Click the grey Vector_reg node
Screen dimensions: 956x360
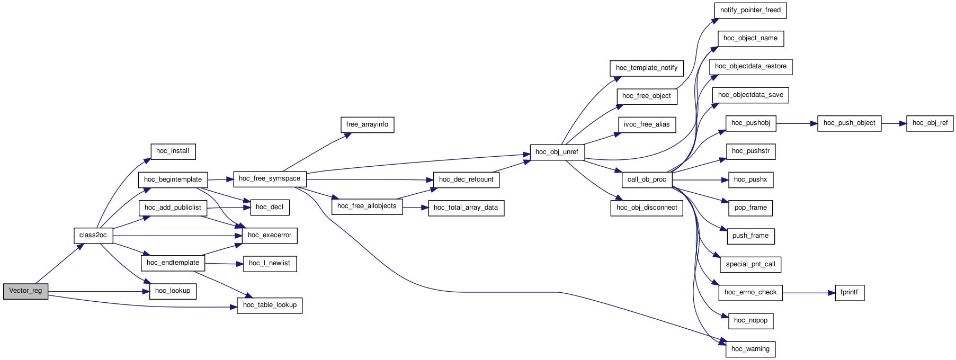click(x=25, y=291)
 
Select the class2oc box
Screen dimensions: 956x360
click(x=93, y=236)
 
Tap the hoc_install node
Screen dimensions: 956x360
click(x=173, y=151)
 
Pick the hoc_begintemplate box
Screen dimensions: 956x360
click(x=173, y=179)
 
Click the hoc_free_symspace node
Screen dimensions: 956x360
click(x=270, y=179)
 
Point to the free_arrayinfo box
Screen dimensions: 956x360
click(x=367, y=125)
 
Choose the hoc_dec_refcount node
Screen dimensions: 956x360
click(x=466, y=179)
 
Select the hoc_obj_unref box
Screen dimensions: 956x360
click(x=557, y=152)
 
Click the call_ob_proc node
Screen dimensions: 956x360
click(x=647, y=179)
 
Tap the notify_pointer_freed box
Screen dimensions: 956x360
click(x=750, y=11)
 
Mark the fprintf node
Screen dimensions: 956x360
click(x=849, y=292)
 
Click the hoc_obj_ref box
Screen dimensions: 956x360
click(x=930, y=123)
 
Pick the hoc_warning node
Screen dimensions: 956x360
click(x=750, y=349)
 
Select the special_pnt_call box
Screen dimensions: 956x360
click(x=750, y=264)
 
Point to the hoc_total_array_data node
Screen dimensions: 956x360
click(x=466, y=208)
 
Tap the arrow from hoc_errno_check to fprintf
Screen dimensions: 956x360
click(x=808, y=292)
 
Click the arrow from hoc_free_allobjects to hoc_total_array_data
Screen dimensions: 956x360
click(x=415, y=208)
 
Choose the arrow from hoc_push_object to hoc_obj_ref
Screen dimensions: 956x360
click(x=894, y=123)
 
